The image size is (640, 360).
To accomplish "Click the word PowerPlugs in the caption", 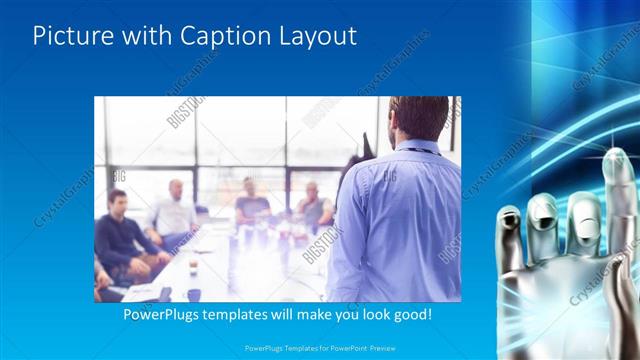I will (x=164, y=314).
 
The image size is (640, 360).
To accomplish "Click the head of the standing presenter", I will (x=417, y=118).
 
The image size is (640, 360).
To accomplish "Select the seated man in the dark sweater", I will (x=123, y=235).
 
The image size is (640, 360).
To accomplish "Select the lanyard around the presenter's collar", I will (x=420, y=149).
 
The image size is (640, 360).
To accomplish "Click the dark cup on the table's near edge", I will (x=193, y=294).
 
